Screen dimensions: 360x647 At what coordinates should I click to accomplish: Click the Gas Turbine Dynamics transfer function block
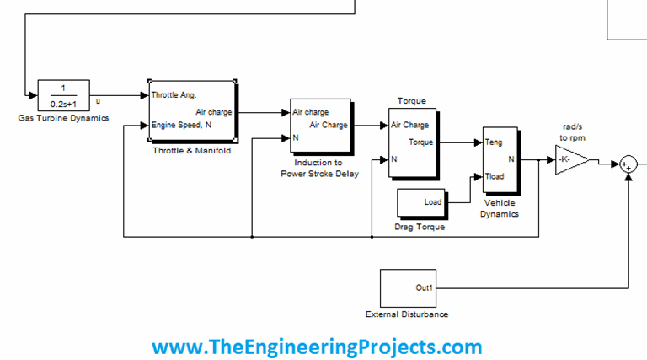pos(63,95)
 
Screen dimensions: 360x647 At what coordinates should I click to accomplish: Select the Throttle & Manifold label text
pos(190,150)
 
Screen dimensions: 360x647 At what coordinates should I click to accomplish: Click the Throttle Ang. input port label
pos(174,95)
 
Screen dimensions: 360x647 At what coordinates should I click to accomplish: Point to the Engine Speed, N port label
pos(181,126)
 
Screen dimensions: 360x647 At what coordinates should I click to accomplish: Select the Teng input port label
pos(494,142)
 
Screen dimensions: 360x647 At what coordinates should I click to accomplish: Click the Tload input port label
pos(495,176)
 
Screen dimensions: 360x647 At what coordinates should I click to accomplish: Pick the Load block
pos(421,202)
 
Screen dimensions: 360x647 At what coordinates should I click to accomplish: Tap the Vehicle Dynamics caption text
pos(500,208)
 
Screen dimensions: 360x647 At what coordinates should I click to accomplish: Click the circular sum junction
pos(628,164)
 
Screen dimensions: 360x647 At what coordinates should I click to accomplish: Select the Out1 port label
pos(425,287)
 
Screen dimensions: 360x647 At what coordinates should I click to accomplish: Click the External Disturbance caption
pos(407,314)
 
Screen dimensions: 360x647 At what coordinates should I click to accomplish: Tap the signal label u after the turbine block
pos(99,101)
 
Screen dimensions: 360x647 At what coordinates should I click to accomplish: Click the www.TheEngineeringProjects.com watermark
pos(317,347)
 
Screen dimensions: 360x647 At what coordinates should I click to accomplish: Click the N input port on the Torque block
pos(394,159)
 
